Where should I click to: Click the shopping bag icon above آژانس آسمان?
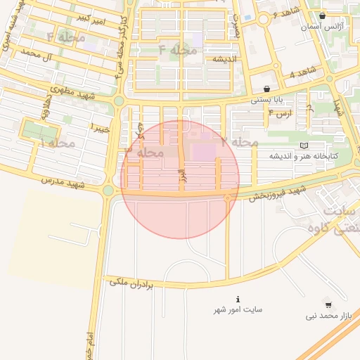click(322, 15)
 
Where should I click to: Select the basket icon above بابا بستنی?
click(266, 89)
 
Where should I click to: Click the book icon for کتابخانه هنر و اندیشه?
click(304, 146)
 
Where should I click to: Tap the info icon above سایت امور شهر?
click(238, 299)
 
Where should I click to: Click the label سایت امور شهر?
click(238, 309)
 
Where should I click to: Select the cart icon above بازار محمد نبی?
click(328, 305)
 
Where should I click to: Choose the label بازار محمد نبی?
click(328, 316)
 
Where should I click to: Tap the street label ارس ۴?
click(280, 112)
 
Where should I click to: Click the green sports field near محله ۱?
click(39, 130)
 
